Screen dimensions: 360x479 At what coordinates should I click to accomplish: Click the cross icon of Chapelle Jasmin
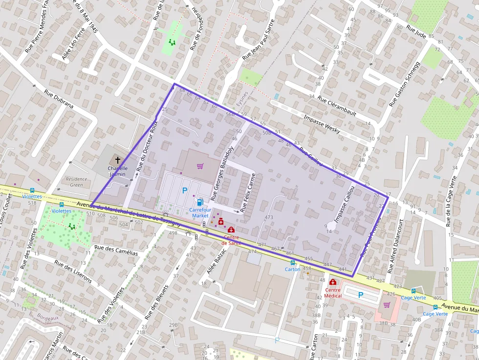click(117, 160)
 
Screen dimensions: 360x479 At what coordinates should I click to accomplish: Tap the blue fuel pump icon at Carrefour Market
click(199, 202)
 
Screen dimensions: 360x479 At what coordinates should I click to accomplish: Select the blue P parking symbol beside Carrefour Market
click(184, 191)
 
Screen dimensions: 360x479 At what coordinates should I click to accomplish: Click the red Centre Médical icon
click(333, 282)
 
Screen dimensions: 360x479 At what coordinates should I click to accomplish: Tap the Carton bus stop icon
click(292, 262)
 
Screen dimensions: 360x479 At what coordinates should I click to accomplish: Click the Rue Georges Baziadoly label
click(222, 173)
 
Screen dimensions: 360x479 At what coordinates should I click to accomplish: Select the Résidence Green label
click(76, 182)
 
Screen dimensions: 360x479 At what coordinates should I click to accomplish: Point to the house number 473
click(268, 217)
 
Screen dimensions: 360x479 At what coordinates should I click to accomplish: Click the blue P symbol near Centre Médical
click(361, 295)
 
